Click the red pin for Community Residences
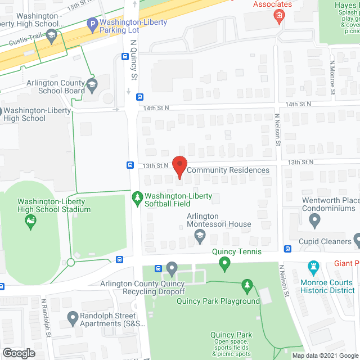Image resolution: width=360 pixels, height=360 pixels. click(179, 167)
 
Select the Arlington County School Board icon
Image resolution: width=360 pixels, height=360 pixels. click(92, 85)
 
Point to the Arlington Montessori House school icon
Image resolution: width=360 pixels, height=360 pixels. click(200, 237)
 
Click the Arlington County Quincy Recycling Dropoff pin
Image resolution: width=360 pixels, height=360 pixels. click(172, 268)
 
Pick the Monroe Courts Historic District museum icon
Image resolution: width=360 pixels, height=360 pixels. click(314, 265)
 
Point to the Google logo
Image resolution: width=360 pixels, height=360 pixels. click(18, 353)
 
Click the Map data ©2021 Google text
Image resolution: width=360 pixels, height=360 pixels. click(325, 355)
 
